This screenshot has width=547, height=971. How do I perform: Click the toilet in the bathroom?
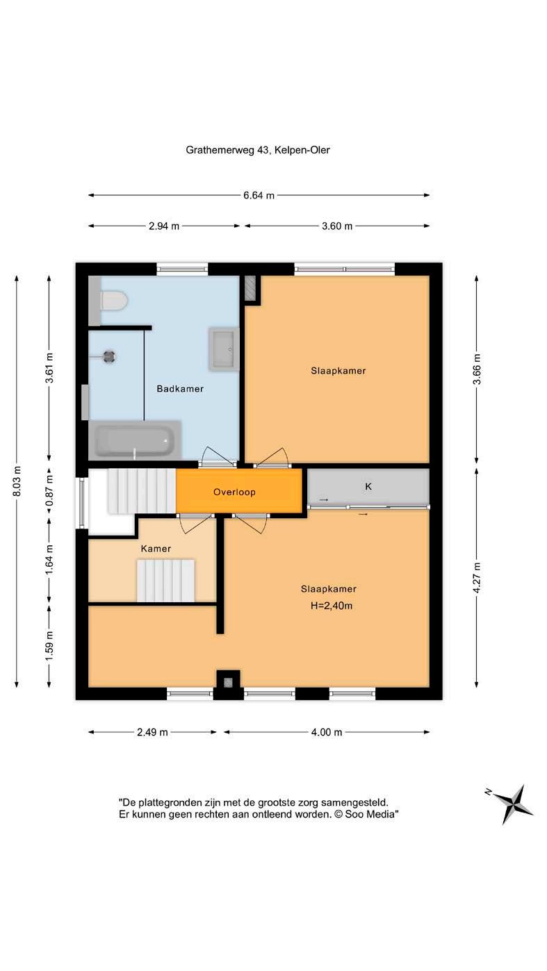[x=114, y=301]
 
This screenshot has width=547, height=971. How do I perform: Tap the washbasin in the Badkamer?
[x=223, y=349]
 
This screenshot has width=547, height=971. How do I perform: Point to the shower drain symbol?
[x=108, y=357]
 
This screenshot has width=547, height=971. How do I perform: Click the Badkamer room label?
[x=180, y=389]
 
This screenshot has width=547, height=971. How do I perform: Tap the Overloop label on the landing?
[x=234, y=492]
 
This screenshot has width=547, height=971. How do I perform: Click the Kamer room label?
[x=156, y=549]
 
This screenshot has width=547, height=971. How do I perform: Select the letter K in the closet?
[x=368, y=486]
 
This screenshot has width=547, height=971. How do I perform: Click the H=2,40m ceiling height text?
[x=332, y=606]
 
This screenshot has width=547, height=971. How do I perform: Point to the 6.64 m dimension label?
[x=259, y=195]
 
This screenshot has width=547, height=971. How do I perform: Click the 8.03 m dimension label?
[x=17, y=481]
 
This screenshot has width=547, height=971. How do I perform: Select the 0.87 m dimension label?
[x=49, y=490]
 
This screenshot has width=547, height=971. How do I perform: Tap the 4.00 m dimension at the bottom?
[x=327, y=732]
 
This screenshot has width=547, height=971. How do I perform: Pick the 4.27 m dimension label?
[x=477, y=578]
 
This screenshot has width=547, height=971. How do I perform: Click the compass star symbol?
[x=512, y=803]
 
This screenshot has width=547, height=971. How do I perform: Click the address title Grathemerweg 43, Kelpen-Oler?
[x=258, y=150]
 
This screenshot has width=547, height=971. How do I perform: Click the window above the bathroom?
[x=182, y=269]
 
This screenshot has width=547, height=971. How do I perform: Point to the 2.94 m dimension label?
[x=164, y=226]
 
